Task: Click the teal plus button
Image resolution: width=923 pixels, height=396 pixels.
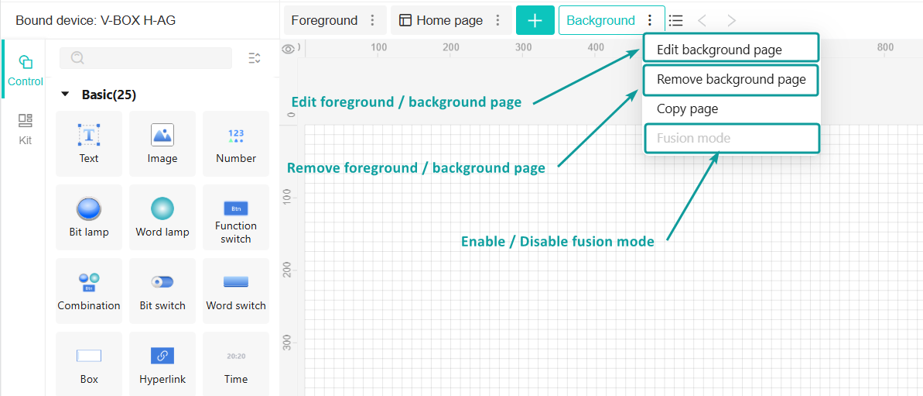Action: point(535,21)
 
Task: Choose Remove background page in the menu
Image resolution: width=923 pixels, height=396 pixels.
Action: point(730,80)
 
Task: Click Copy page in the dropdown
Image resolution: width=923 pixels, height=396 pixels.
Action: point(687,109)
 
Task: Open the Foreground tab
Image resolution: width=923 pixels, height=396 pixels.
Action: point(324,21)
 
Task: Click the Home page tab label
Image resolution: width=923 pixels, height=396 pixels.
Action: point(450,21)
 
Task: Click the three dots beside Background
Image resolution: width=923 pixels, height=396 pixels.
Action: point(649,21)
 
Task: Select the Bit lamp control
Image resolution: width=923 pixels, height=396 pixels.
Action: point(89,218)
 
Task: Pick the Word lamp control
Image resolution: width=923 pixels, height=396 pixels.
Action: point(162,218)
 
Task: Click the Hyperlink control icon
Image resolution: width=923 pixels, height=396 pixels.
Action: point(162,356)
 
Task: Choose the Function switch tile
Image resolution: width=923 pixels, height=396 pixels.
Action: point(236,218)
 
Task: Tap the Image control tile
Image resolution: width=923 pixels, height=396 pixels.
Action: point(162,144)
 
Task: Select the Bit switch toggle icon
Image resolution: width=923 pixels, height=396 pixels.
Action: point(162,281)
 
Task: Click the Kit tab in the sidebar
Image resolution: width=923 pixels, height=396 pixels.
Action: point(26,129)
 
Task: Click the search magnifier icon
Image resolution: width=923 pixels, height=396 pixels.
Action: point(77,58)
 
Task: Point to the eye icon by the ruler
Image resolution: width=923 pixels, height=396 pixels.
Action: point(289,49)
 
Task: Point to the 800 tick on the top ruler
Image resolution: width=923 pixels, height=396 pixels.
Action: point(885,47)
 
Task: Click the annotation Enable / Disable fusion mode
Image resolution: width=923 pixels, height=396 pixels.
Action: point(558,242)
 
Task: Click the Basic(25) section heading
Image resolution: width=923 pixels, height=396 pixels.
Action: point(109,95)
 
